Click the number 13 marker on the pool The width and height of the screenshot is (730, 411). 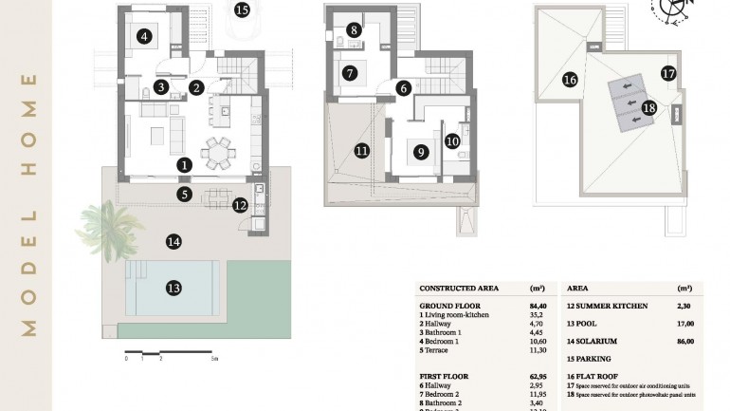[x=173, y=288]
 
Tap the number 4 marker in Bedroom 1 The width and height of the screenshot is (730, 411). [x=144, y=38]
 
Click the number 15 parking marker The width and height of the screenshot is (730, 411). [x=242, y=11]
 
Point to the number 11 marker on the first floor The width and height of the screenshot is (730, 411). [x=361, y=150]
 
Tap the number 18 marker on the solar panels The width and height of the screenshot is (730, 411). [x=648, y=108]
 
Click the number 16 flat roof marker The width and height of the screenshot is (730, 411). [x=570, y=80]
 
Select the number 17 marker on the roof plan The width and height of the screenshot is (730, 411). [x=667, y=73]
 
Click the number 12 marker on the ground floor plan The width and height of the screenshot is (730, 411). [x=240, y=204]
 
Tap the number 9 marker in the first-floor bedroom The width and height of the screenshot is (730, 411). [x=418, y=150]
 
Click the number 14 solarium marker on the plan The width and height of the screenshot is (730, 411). [x=173, y=242]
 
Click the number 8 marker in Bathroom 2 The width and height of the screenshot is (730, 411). [x=354, y=30]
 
